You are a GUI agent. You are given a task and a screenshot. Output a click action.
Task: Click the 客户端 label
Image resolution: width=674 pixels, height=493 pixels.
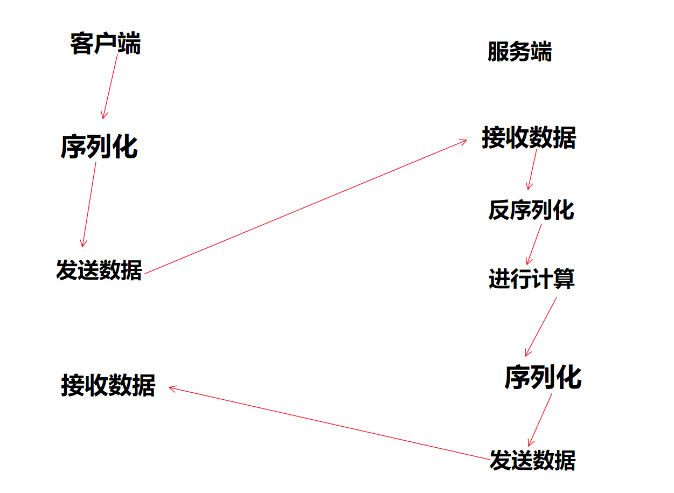105,44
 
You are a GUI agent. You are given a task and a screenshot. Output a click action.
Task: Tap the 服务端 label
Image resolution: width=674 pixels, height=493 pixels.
519,53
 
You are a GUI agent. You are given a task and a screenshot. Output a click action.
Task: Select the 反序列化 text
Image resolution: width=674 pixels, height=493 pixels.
531,210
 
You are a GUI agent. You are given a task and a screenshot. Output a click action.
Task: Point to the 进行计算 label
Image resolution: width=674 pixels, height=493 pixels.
532,279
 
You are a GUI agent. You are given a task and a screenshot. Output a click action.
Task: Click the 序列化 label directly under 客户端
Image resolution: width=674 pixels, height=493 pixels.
99,147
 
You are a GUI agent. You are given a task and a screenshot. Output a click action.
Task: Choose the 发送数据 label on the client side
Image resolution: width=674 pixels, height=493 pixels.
99,269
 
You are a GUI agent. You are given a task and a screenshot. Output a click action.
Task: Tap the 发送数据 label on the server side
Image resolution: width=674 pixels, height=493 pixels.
532,461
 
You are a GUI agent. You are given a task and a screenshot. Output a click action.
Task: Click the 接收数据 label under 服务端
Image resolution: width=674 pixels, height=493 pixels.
529,138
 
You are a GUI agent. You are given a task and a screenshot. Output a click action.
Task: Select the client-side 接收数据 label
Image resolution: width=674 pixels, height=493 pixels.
108,386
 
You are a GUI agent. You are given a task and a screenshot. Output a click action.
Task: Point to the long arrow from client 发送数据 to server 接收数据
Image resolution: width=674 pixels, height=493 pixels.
306,206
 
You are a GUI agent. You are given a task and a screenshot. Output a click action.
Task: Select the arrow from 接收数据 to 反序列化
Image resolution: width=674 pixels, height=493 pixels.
532,169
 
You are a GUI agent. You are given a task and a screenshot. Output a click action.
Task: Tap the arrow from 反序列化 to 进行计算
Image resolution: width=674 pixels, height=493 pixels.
534,243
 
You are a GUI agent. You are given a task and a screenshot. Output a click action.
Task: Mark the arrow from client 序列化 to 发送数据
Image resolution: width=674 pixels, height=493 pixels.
89,204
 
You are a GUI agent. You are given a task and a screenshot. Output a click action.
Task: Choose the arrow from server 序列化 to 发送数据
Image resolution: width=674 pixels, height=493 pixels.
540,419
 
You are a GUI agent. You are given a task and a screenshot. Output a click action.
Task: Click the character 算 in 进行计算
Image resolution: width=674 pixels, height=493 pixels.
564,279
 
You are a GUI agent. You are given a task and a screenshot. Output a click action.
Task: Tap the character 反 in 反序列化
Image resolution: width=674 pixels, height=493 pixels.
499,210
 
